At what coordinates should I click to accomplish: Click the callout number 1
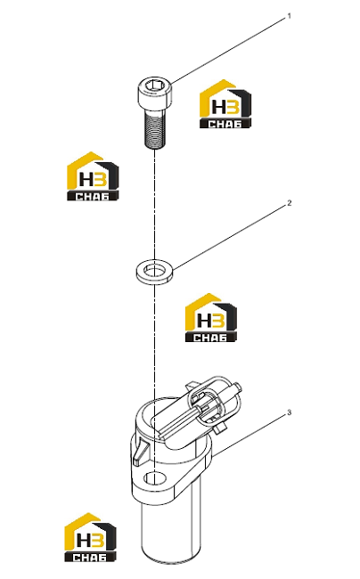point(290,16)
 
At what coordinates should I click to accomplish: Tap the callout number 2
point(290,203)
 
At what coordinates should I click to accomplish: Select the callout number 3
point(290,412)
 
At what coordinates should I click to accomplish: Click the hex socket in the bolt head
point(155,86)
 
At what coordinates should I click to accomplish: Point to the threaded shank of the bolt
point(155,130)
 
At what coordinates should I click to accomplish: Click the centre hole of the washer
point(155,272)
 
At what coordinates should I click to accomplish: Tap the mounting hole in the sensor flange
point(155,478)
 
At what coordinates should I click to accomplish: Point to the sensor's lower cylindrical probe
point(171,528)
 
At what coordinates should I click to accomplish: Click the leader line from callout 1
point(229,50)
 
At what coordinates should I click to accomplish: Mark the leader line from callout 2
point(230,237)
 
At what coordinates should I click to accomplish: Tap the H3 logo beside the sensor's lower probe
point(91,537)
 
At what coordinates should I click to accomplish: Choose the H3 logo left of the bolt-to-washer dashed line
point(93,176)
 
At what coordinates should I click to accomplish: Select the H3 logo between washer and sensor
point(211,318)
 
